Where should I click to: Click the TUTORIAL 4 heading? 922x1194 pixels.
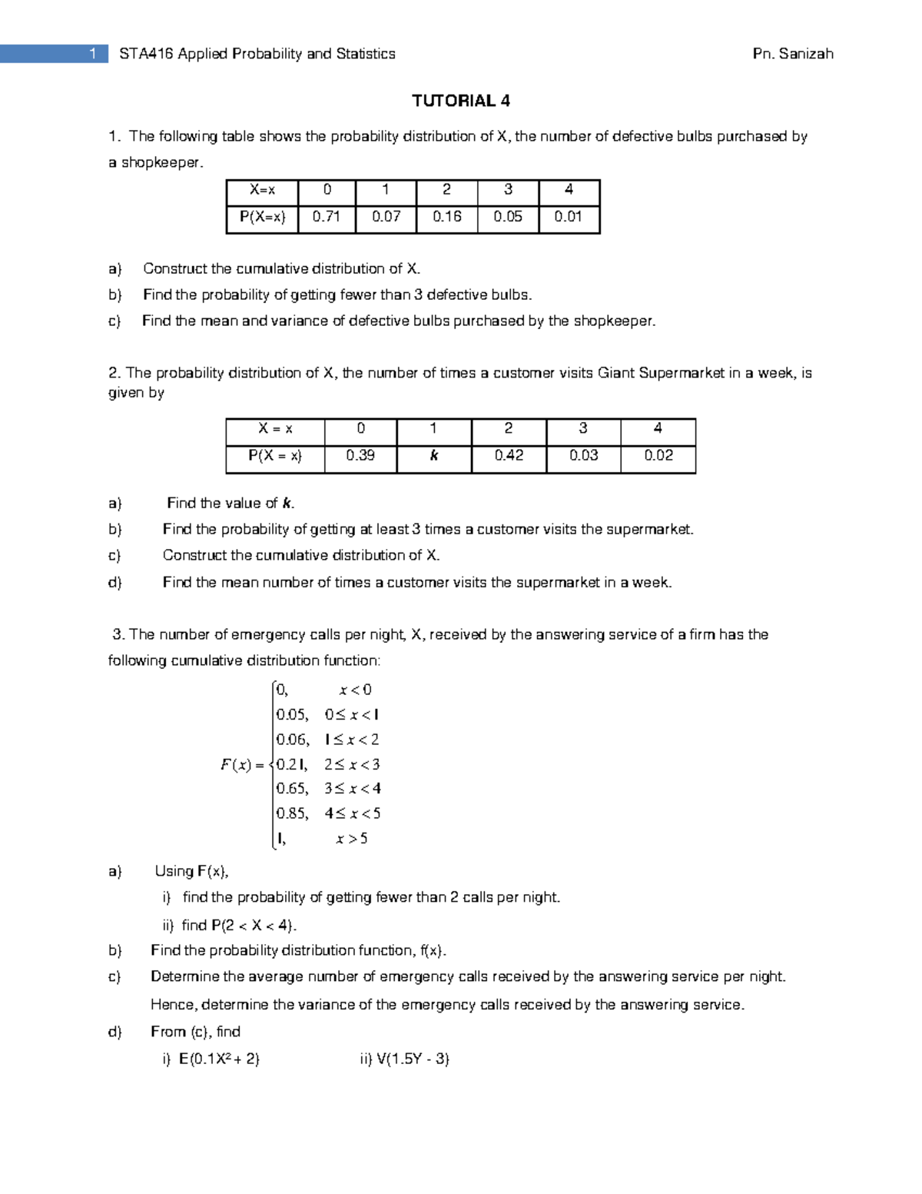pos(460,101)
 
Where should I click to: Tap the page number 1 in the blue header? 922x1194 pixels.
pos(93,54)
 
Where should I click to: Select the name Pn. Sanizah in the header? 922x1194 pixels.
pos(794,54)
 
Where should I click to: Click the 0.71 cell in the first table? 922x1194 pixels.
pos(327,217)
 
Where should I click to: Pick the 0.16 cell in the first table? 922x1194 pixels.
pos(446,217)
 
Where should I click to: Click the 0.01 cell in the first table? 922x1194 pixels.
pos(569,217)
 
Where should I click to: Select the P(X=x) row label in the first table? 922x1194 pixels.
pos(262,217)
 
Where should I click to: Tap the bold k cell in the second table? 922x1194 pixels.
pos(433,456)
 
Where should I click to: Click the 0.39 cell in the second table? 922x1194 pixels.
pos(360,456)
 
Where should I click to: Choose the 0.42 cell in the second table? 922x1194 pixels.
pos(509,456)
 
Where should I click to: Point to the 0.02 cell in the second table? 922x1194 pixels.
pos(658,456)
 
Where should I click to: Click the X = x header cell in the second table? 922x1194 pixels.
pos(275,429)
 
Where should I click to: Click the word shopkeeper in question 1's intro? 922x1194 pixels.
pos(161,163)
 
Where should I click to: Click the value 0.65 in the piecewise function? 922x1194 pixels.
pos(292,789)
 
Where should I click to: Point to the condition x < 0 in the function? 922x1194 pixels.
pos(355,690)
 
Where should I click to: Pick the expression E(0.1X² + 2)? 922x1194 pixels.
pos(220,1059)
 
